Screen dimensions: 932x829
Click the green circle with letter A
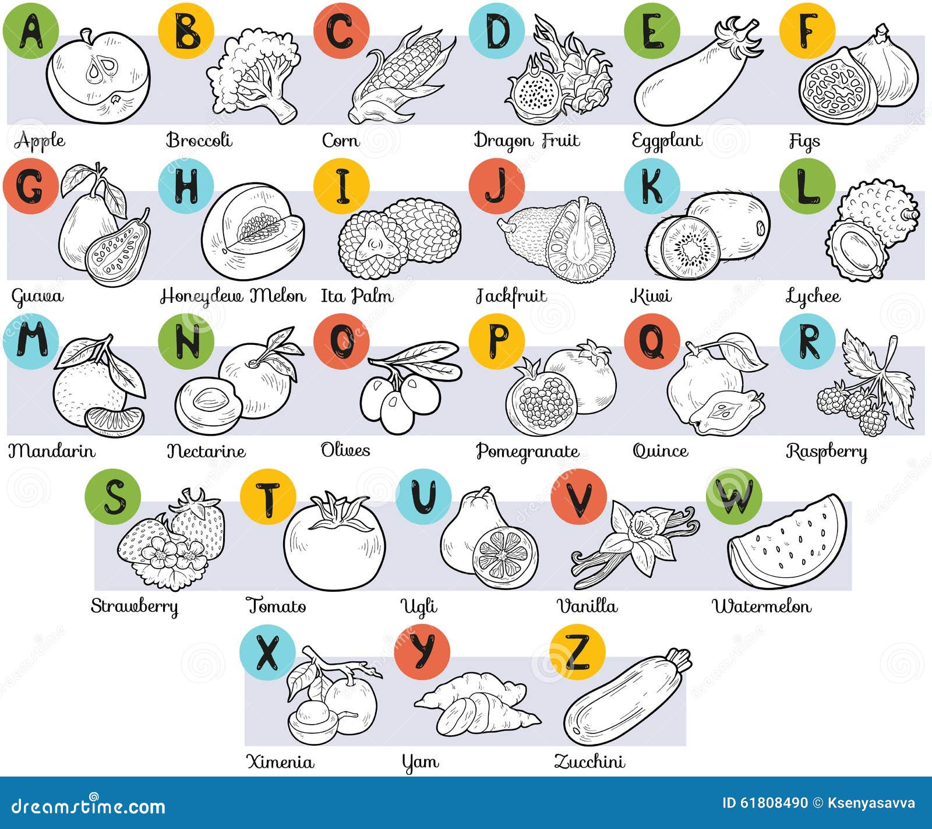(31, 31)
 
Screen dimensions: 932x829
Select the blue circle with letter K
(652, 186)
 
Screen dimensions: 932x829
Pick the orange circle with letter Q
(652, 341)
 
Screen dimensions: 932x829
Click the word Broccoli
(199, 140)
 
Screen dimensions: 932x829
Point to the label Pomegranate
(528, 451)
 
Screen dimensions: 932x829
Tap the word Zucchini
(589, 761)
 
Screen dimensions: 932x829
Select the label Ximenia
(280, 761)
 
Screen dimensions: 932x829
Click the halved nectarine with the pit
(209, 405)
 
